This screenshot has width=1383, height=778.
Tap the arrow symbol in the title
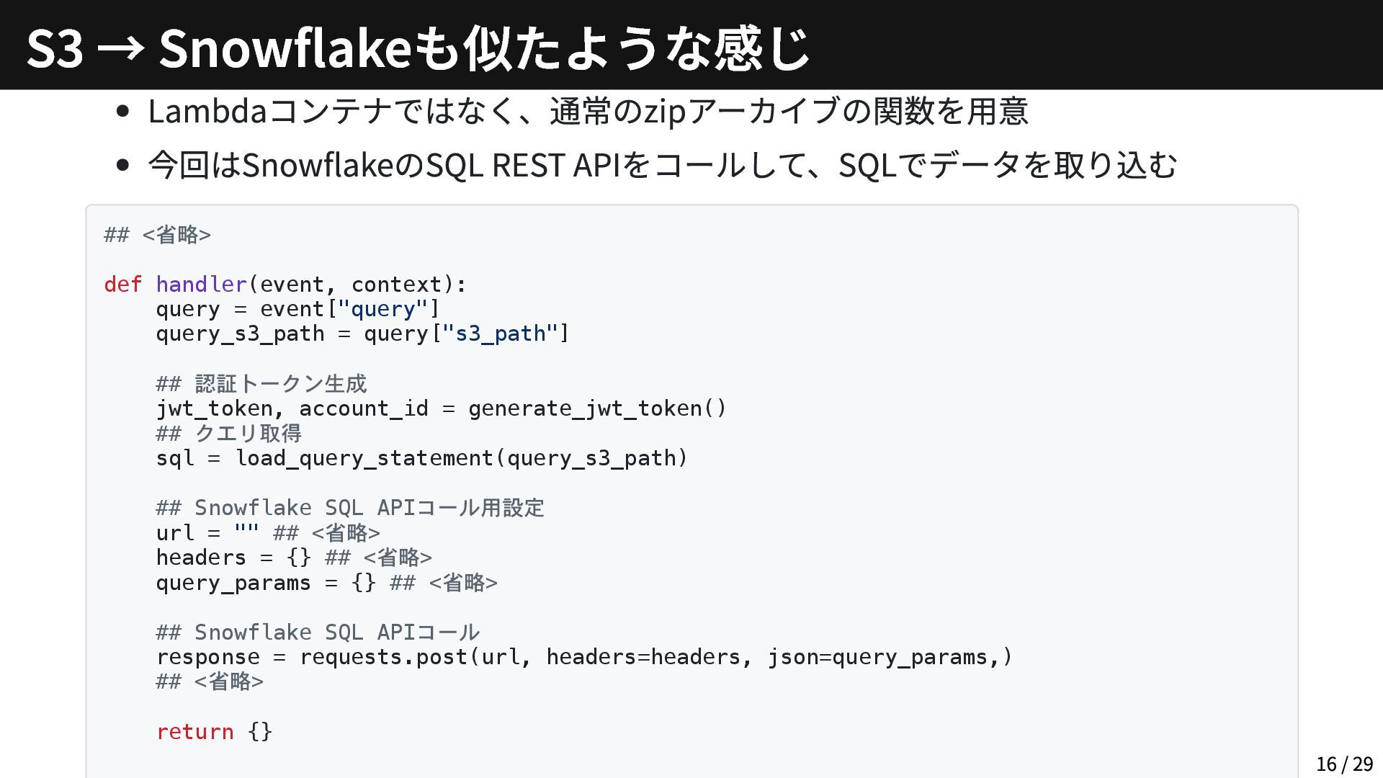(120, 49)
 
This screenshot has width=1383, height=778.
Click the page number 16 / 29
(1344, 764)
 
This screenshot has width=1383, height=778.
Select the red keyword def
(122, 285)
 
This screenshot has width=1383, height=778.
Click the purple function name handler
(201, 285)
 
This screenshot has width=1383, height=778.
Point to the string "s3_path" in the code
(500, 334)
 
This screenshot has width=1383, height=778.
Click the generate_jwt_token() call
(597, 408)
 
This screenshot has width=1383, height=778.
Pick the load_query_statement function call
(364, 458)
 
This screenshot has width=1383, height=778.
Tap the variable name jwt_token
(214, 408)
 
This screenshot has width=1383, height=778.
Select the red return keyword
(194, 732)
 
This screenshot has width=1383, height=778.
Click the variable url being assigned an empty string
(174, 533)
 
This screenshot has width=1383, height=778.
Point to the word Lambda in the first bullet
(207, 112)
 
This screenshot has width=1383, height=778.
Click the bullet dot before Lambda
(122, 112)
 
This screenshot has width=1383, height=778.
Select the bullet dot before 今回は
(122, 165)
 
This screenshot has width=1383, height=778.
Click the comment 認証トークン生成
(280, 384)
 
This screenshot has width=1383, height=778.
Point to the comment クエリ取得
(248, 434)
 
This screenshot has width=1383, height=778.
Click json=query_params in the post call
(877, 657)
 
